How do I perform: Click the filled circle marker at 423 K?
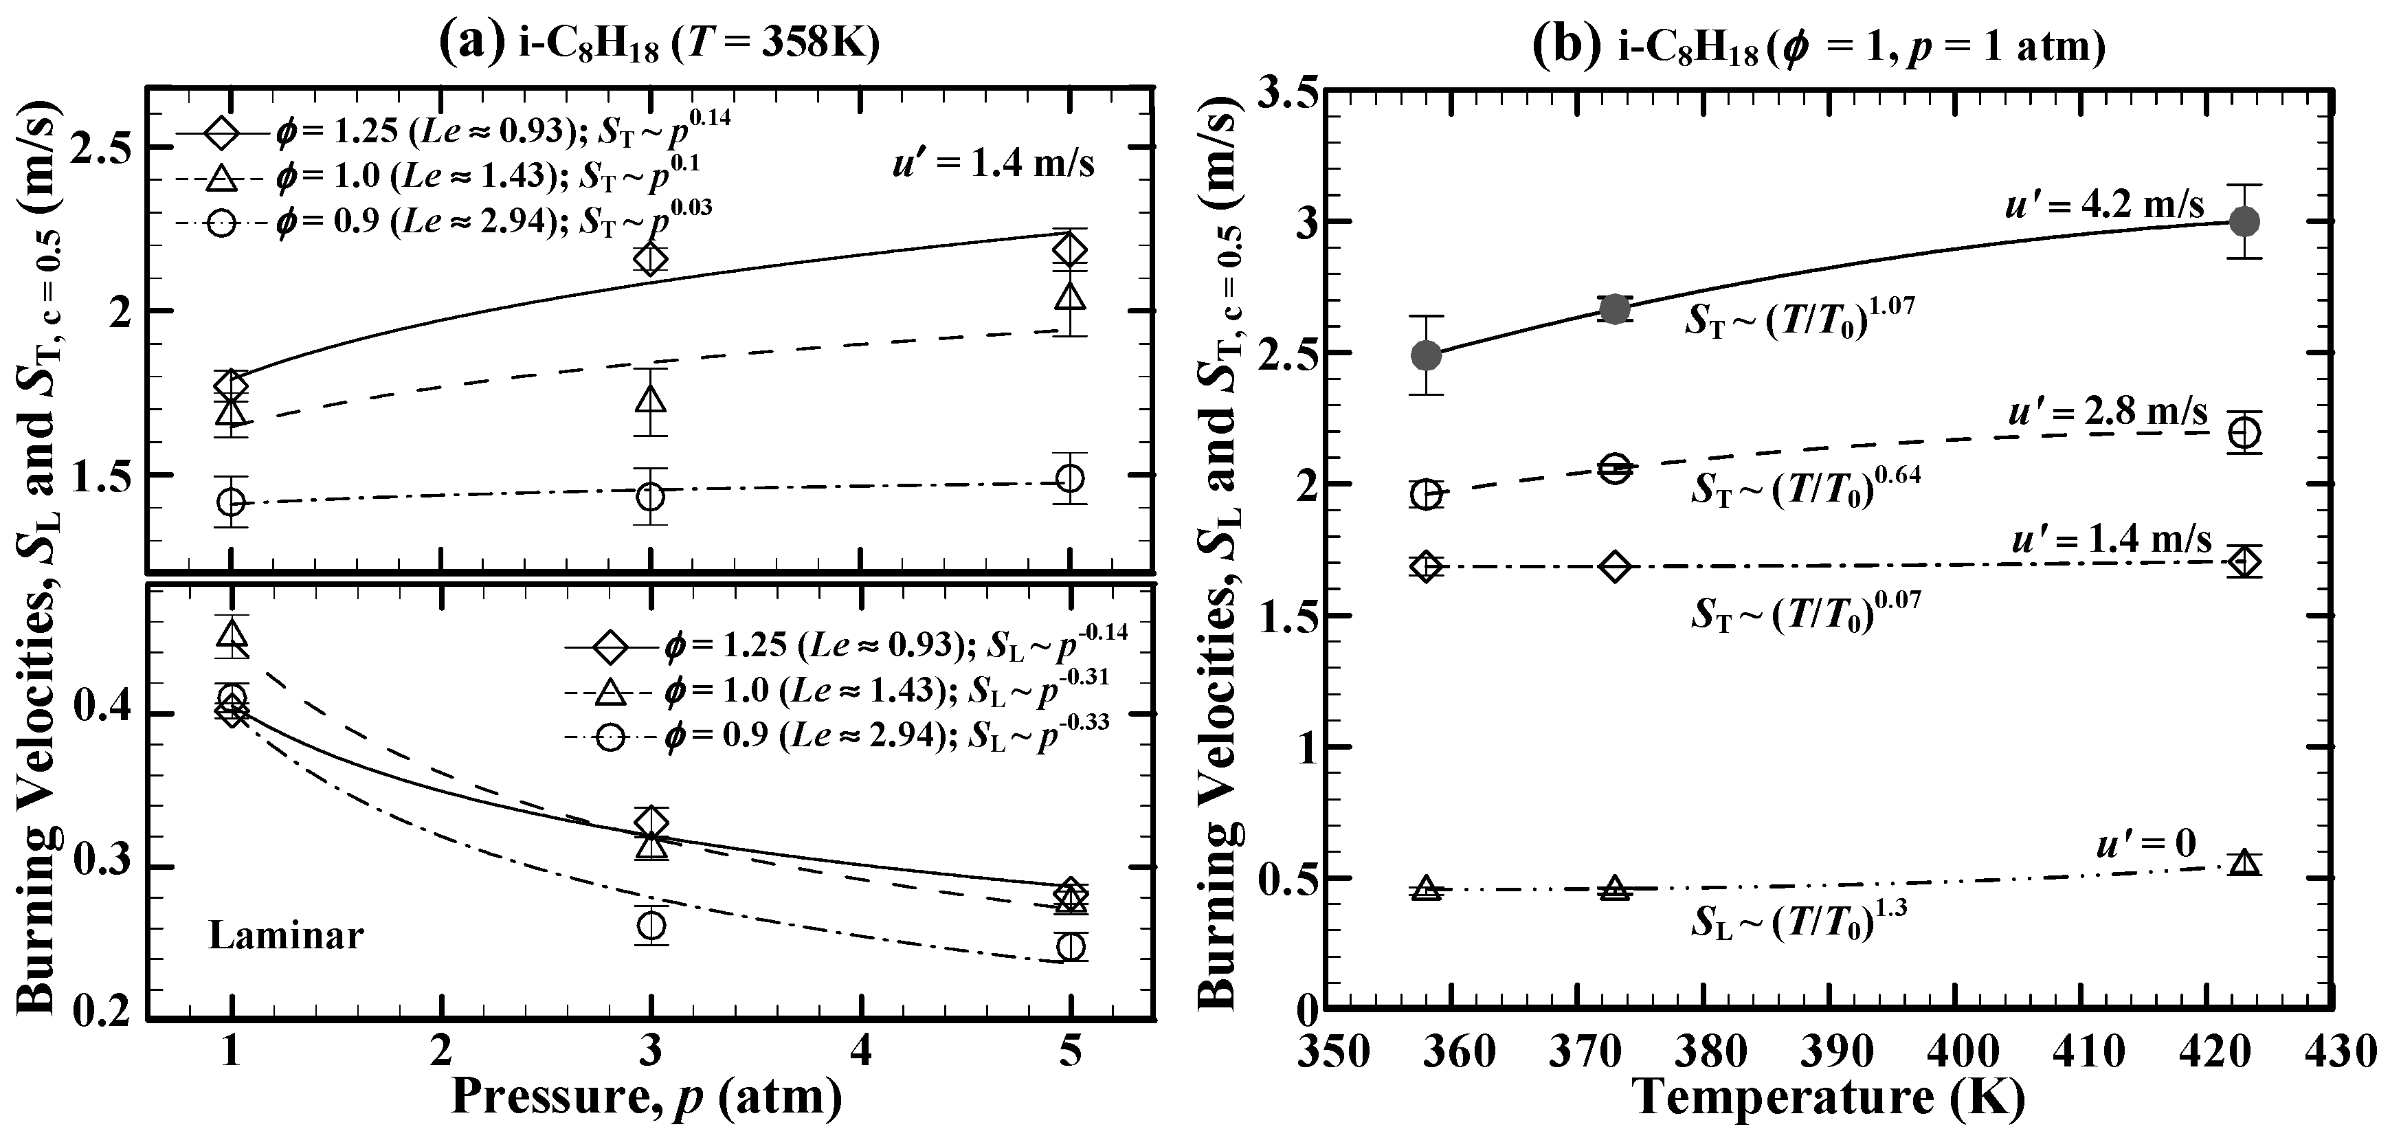[x=2244, y=222]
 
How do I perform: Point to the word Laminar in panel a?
[x=286, y=935]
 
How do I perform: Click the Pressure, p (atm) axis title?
[x=647, y=1097]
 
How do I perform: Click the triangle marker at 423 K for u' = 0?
[x=2244, y=862]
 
